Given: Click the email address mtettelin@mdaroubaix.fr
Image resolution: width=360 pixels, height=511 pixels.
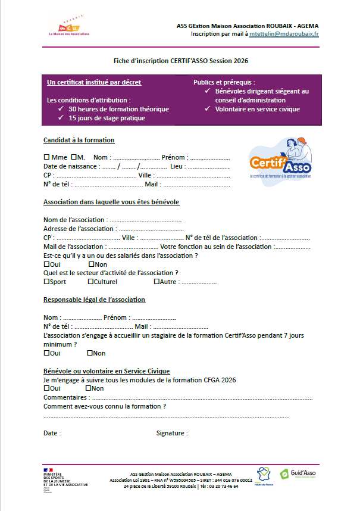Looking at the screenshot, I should coord(284,34).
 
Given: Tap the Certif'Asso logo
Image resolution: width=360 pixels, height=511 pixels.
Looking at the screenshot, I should coord(280,160).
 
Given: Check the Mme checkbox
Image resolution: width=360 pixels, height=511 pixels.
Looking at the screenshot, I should coord(46,157).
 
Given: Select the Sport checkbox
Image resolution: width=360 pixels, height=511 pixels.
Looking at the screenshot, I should coord(46,282).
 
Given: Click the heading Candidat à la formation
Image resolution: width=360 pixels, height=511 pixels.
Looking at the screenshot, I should coord(79,140).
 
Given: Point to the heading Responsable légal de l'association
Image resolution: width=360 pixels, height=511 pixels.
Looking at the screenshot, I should coord(94,300).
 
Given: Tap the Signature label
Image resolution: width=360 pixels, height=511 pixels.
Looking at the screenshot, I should coord(171,433).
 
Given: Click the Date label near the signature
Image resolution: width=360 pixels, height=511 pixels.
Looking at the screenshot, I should coord(52,433).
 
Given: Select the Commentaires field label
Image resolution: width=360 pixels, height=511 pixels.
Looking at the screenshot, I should coord(67,397).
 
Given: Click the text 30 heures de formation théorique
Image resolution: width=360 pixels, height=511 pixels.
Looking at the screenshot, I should coord(119,109).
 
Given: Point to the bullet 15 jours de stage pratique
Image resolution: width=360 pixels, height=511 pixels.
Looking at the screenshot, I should coord(107,118).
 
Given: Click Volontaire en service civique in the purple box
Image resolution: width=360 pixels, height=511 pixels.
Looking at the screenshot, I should coord(257,109).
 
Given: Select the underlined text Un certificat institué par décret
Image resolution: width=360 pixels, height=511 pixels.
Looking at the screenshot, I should coord(94,82).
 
